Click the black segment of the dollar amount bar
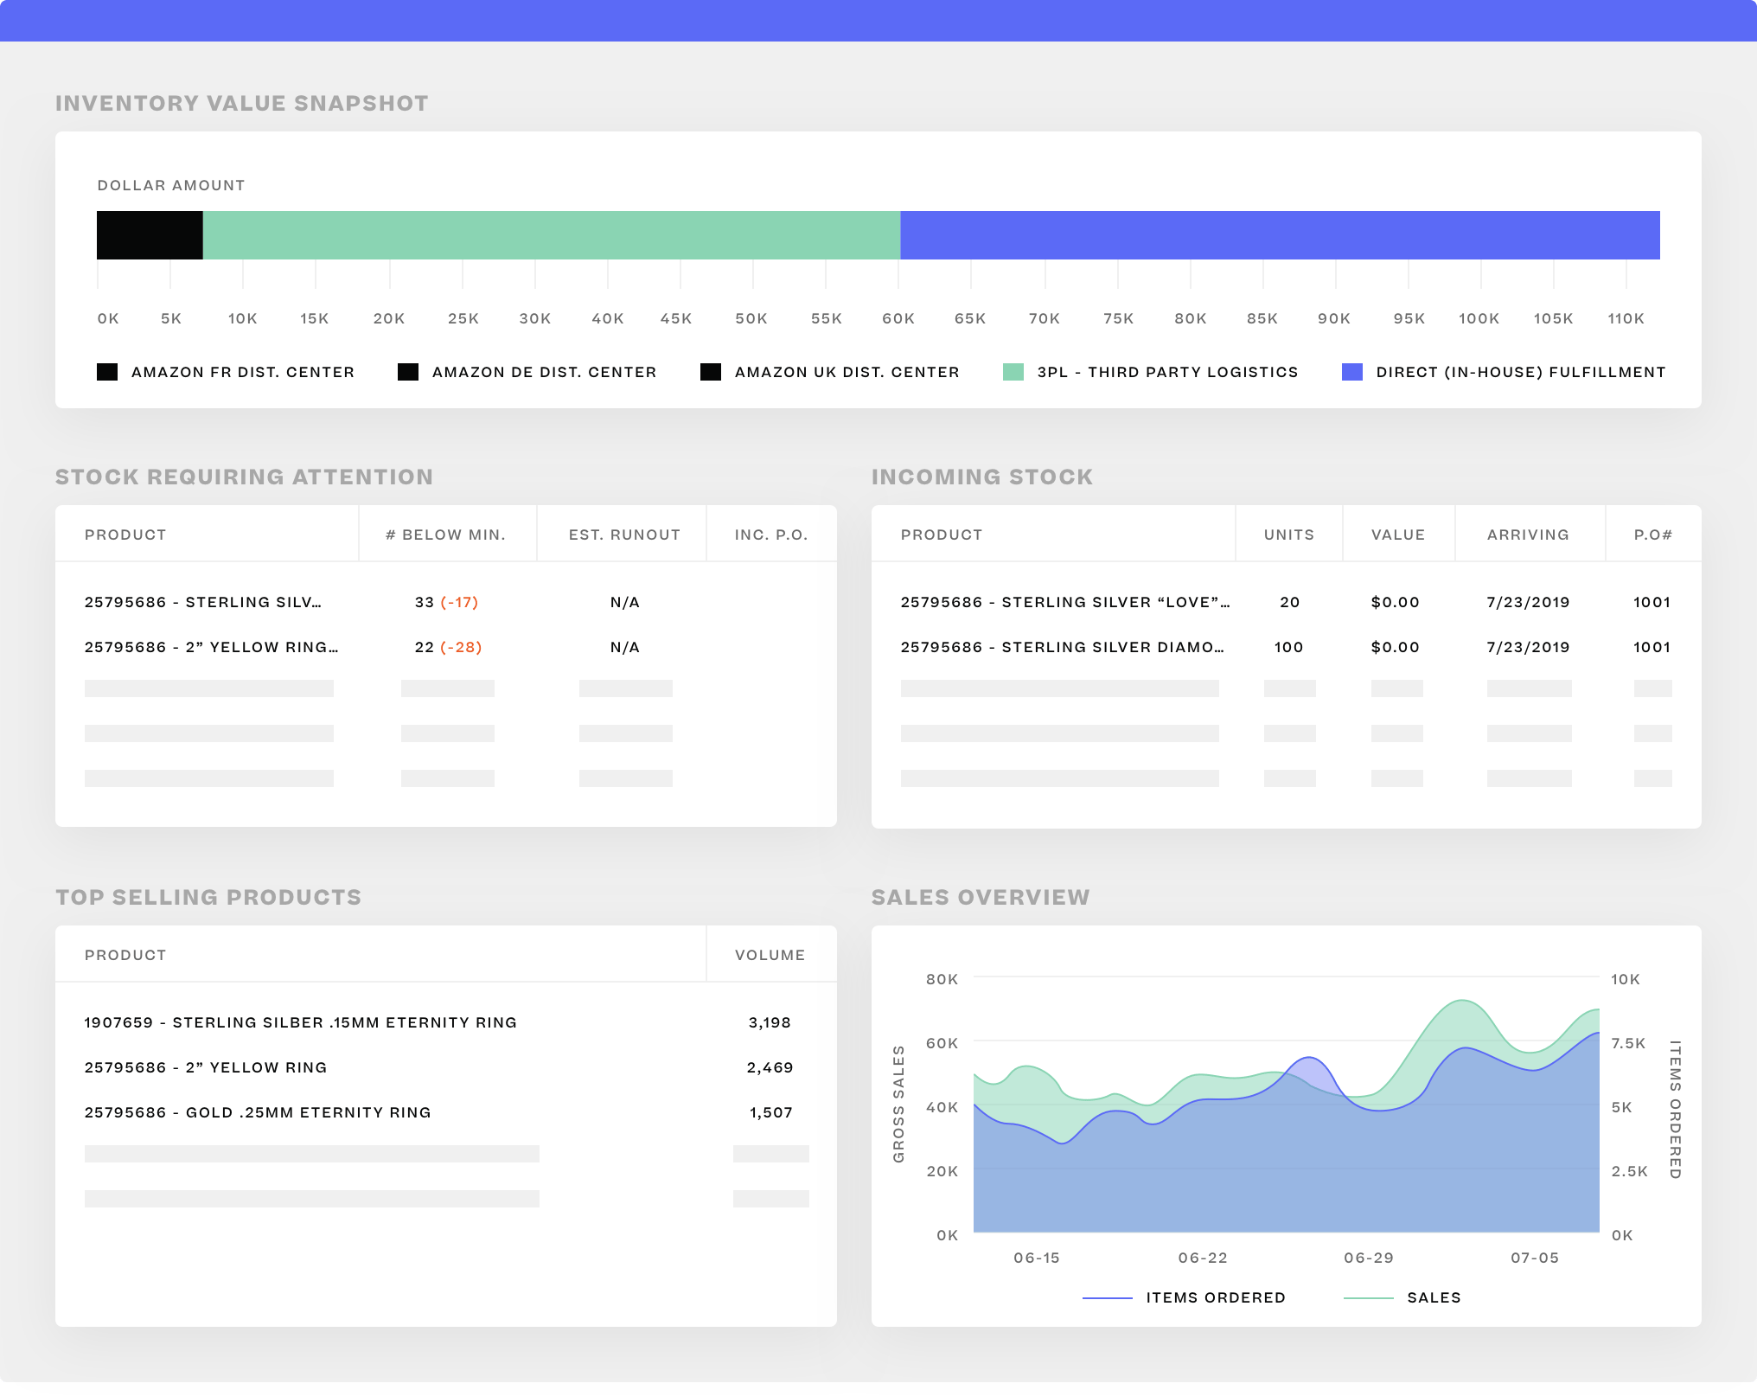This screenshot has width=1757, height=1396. (x=150, y=235)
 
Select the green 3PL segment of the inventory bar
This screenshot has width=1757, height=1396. (x=551, y=235)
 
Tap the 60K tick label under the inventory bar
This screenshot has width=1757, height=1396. (x=898, y=319)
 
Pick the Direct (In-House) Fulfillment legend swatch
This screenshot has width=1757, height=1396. (x=1352, y=373)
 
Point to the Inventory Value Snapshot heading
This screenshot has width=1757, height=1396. (x=242, y=104)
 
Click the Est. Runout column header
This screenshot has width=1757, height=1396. (x=624, y=535)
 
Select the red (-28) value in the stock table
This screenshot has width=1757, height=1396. (x=461, y=648)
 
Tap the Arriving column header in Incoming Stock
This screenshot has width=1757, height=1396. (x=1528, y=535)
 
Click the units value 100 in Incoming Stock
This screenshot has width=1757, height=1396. (x=1288, y=648)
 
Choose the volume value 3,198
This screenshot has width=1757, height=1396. (x=770, y=1023)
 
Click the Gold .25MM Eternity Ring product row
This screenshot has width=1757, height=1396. (x=258, y=1113)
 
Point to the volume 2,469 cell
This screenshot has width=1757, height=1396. (x=770, y=1068)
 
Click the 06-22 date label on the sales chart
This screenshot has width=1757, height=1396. (x=1203, y=1258)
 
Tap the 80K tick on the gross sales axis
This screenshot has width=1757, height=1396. (x=942, y=980)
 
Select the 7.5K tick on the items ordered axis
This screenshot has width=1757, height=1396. (x=1628, y=1044)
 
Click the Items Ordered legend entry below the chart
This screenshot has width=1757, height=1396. (x=1215, y=1298)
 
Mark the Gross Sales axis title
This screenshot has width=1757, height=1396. (x=898, y=1104)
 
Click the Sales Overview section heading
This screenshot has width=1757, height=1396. (x=981, y=898)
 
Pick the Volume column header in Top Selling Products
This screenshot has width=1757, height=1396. (x=770, y=956)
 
